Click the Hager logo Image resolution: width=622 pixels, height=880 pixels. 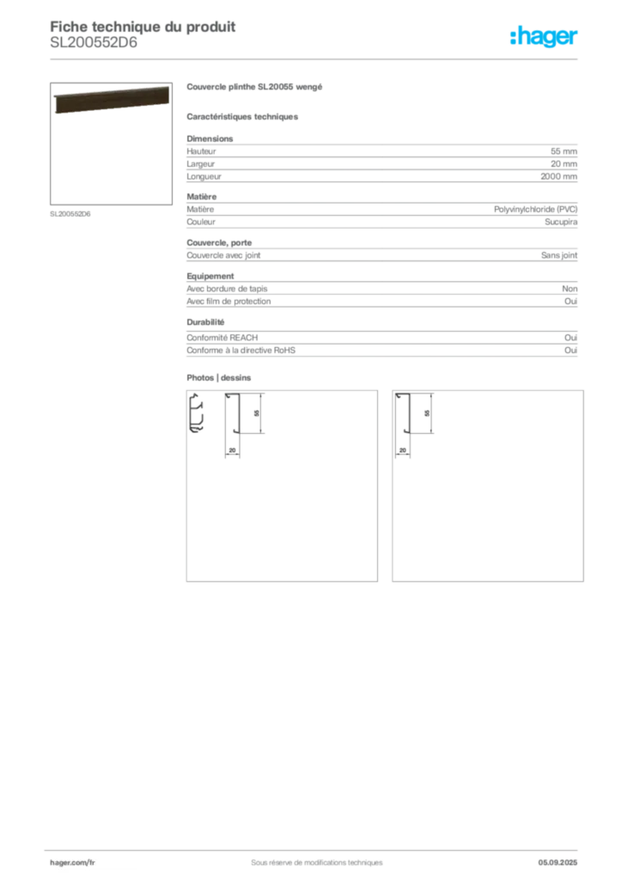pyautogui.click(x=544, y=36)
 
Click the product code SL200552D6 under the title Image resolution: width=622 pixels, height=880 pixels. pyautogui.click(x=94, y=43)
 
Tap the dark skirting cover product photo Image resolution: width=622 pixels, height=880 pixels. pyautogui.click(x=112, y=100)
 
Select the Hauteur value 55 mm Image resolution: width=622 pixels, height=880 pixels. pyautogui.click(x=564, y=151)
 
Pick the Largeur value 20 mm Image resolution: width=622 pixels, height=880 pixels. pyautogui.click(x=564, y=164)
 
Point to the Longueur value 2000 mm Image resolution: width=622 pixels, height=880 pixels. pyautogui.click(x=558, y=176)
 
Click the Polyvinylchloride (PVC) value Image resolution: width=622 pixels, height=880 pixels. pyautogui.click(x=535, y=210)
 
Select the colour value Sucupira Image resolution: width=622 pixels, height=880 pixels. pyautogui.click(x=561, y=222)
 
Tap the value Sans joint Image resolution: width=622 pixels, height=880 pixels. pyautogui.click(x=559, y=255)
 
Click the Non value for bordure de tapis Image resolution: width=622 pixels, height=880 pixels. pyautogui.click(x=570, y=289)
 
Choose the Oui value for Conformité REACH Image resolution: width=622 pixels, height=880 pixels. pyautogui.click(x=571, y=337)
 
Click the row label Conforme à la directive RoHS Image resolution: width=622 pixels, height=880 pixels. pyautogui.click(x=241, y=351)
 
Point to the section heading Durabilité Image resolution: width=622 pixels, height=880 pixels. pyautogui.click(x=205, y=322)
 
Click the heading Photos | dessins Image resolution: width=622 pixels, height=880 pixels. pyautogui.click(x=219, y=378)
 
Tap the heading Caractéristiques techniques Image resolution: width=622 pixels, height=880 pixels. pyautogui.click(x=242, y=117)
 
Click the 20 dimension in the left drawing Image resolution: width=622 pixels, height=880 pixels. pyautogui.click(x=232, y=450)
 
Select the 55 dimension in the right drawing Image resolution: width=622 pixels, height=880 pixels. pyautogui.click(x=427, y=413)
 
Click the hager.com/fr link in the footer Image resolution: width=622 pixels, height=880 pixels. pyautogui.click(x=72, y=863)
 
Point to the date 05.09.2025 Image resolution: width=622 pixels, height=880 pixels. pyautogui.click(x=558, y=863)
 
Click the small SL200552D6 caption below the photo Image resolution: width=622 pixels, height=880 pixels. pyautogui.click(x=70, y=214)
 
